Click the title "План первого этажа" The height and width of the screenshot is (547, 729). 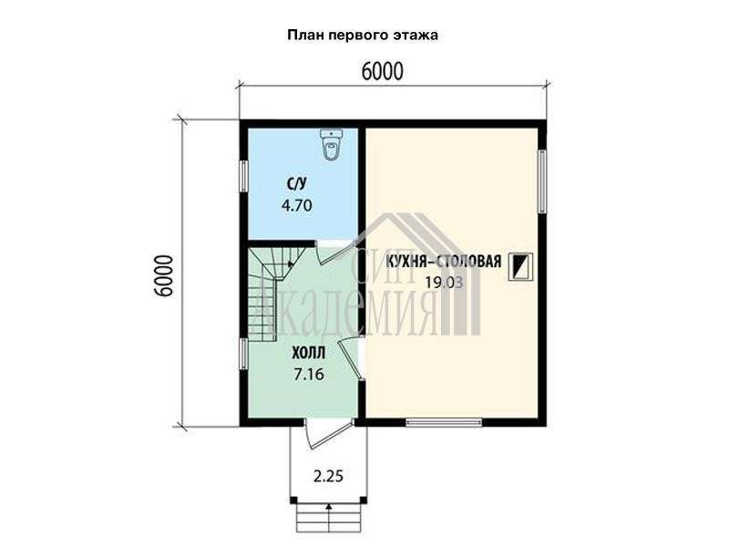363,36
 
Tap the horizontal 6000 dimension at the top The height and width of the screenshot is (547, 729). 382,71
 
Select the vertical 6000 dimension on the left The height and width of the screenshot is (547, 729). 165,276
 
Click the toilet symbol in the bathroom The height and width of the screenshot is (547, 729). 332,145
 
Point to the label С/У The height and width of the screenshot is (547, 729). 297,184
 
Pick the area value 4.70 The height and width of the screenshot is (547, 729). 297,205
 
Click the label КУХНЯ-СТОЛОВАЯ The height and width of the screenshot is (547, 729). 444,262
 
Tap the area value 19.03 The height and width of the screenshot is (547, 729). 444,282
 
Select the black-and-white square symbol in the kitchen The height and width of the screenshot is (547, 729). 520,267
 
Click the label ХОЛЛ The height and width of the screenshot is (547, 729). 309,353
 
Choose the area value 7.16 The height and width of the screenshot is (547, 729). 309,374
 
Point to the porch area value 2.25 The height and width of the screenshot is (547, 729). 328,476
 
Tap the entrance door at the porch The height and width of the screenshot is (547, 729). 328,434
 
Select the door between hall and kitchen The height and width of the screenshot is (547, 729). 352,359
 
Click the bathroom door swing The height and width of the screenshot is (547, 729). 334,253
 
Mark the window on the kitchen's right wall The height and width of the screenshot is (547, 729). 542,181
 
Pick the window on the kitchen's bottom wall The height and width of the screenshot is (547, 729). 444,422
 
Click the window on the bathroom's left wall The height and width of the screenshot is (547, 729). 243,176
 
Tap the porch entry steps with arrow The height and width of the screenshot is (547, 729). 329,517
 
